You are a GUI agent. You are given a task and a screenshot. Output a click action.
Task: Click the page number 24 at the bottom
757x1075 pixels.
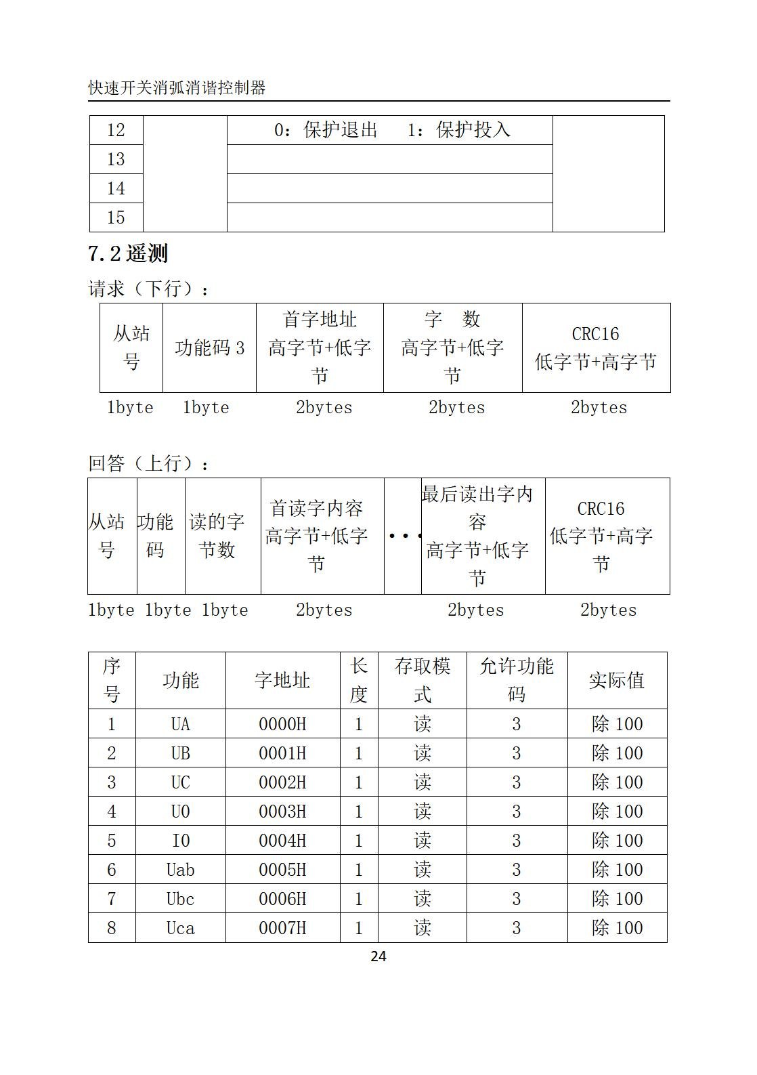click(378, 956)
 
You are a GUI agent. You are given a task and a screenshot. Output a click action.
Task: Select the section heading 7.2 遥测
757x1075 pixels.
click(128, 254)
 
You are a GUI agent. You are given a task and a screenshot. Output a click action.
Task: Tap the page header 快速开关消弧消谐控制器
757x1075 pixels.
click(177, 88)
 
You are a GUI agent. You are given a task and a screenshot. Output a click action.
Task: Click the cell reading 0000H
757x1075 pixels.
click(282, 724)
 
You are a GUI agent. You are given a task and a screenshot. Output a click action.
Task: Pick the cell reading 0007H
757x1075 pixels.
click(282, 928)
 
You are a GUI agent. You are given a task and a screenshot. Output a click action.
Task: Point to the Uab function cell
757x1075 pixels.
click(180, 870)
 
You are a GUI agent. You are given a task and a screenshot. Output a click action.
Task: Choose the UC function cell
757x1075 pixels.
click(180, 782)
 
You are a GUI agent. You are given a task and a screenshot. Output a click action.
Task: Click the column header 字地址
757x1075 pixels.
click(282, 681)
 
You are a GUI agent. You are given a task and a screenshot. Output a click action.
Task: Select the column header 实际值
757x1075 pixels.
click(616, 681)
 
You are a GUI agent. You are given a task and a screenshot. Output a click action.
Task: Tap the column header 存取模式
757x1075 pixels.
click(422, 681)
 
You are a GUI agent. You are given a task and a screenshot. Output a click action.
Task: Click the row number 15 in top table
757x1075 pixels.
click(116, 217)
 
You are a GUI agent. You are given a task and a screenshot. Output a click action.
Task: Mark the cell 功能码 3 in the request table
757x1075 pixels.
click(209, 348)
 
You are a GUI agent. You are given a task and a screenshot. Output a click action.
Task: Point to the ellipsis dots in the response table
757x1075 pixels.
click(403, 536)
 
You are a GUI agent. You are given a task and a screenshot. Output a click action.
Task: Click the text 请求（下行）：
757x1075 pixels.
click(149, 289)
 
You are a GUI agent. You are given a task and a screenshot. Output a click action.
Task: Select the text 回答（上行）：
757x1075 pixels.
click(149, 464)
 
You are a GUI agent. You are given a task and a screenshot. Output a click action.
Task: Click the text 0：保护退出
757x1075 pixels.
click(325, 130)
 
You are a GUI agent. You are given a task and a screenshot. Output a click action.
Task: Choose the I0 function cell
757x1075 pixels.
click(180, 841)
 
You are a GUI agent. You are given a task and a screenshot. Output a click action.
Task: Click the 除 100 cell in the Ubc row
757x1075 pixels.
click(616, 899)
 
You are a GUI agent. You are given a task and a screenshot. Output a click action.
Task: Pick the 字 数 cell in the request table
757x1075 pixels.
click(452, 319)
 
